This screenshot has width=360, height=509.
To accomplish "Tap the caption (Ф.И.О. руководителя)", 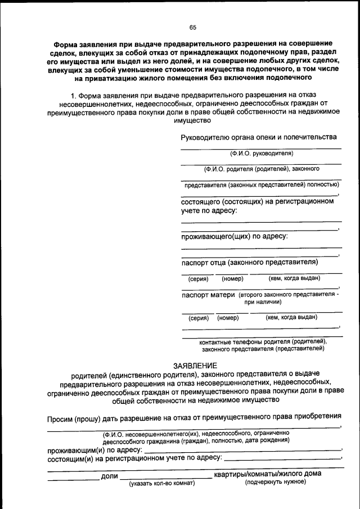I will pyautogui.click(x=261, y=153).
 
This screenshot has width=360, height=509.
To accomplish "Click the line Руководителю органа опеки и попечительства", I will pyautogui.click(x=259, y=137).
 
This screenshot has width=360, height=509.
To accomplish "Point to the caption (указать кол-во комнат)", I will pyautogui.click(x=162, y=483).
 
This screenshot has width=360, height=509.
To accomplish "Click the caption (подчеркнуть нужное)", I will pyautogui.click(x=275, y=482).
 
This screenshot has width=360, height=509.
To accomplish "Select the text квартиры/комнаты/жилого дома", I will pyautogui.click(x=267, y=474).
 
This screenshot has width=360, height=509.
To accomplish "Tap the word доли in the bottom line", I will pyautogui.click(x=109, y=476).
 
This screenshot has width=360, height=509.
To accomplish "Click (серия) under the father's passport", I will pyautogui.click(x=198, y=278).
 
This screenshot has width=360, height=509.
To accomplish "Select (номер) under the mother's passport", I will pyautogui.click(x=228, y=318).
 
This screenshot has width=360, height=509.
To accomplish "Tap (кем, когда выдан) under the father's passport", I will pyautogui.click(x=294, y=278).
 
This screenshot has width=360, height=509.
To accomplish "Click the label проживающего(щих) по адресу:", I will pyautogui.click(x=235, y=236).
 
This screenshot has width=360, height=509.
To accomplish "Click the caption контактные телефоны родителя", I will pyautogui.click(x=263, y=341).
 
